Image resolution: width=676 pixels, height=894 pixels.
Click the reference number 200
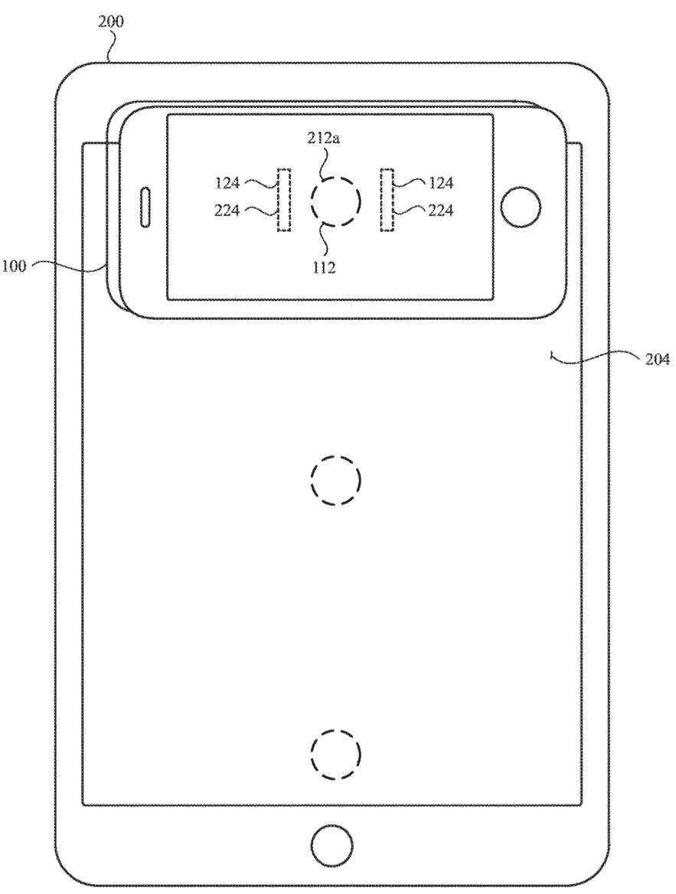tap(111, 22)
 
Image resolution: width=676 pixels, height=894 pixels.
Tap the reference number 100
tap(14, 266)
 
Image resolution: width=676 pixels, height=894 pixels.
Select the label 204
tap(657, 360)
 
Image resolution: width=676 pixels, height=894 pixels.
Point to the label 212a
tap(324, 139)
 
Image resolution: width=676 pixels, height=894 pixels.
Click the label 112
tap(323, 267)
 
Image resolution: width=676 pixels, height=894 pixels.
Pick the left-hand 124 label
tap(227, 183)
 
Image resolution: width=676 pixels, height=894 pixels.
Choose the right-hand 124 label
tap(441, 183)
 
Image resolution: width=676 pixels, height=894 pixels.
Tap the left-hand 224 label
tap(227, 211)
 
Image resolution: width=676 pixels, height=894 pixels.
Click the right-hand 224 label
tap(441, 211)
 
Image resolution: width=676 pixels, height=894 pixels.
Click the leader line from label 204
tap(593, 357)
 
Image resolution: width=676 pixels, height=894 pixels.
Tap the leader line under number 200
tap(112, 46)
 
